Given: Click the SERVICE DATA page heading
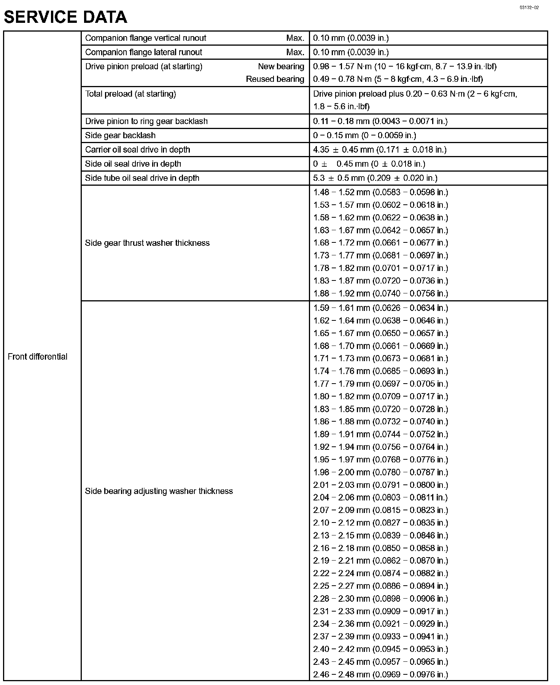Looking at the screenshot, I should point(65,17).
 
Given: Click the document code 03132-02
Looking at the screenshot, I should point(530,8).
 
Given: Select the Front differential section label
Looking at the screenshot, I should point(37,357).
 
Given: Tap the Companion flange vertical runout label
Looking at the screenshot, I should point(145,38).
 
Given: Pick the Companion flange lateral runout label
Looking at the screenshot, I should point(143,52).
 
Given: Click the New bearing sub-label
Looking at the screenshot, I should point(281,67).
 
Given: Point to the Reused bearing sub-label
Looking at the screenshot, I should point(275,79).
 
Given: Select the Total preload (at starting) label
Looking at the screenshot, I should point(130,94).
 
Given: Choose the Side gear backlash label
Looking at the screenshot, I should point(120,135).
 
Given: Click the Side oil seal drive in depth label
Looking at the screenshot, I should point(133,164).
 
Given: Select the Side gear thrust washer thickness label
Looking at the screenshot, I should point(147,243).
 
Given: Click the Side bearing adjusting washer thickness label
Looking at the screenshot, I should point(159,491).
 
